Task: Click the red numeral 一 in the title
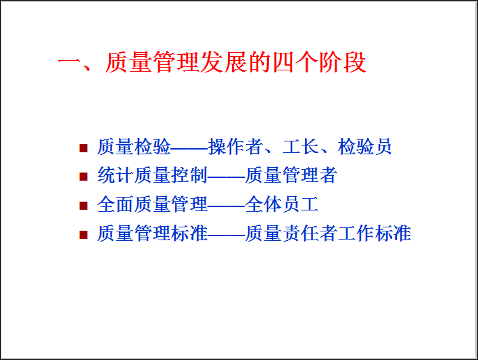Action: tap(69, 63)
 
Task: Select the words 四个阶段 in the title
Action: tap(319, 62)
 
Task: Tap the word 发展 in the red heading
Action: tap(223, 62)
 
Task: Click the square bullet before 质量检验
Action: tap(83, 148)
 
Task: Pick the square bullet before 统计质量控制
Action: tap(83, 177)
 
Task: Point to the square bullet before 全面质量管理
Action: tap(83, 205)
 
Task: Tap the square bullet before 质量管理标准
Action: tap(83, 234)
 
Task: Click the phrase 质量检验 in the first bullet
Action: tap(134, 147)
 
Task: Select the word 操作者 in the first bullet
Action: tap(236, 147)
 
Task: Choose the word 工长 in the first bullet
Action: tap(301, 147)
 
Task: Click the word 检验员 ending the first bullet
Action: tap(364, 147)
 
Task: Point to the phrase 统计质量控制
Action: tap(152, 175)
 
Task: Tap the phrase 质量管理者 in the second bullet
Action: tap(291, 175)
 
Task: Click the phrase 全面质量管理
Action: tap(152, 204)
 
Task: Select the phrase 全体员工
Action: tap(282, 204)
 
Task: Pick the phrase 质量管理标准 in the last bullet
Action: tap(152, 233)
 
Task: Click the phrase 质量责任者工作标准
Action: tap(329, 233)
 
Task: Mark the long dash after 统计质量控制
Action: tap(226, 177)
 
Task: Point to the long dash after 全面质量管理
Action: tap(226, 206)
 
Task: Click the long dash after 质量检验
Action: tap(189, 148)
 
